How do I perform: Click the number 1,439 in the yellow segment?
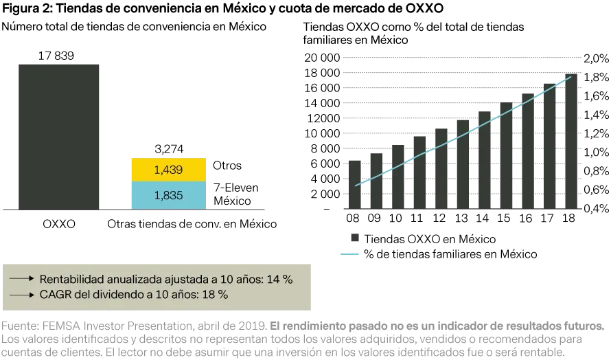[x=168, y=170]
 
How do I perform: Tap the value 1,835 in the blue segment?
[x=168, y=195]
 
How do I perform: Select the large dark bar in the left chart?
[x=60, y=134]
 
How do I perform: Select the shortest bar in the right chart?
[x=354, y=184]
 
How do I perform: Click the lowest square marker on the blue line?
[x=365, y=183]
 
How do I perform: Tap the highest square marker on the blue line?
[x=559, y=81]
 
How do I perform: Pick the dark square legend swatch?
[x=354, y=236]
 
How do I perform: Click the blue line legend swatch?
[x=351, y=256]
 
